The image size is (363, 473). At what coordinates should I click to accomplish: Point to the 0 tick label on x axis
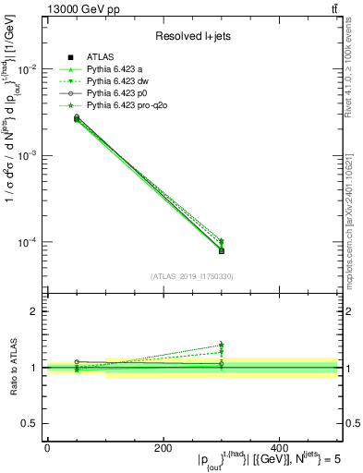[47, 447]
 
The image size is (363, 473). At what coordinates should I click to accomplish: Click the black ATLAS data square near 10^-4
[221, 250]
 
